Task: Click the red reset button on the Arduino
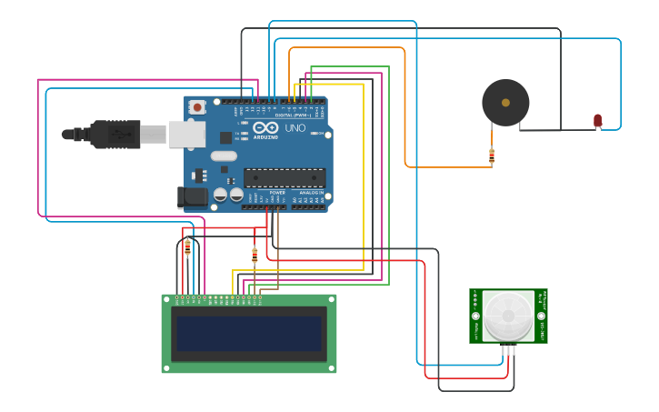(x=197, y=107)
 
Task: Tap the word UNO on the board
(x=295, y=128)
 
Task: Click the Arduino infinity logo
(x=265, y=128)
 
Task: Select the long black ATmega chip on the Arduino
(x=284, y=177)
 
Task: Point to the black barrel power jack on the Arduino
(x=192, y=196)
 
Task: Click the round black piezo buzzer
(x=505, y=103)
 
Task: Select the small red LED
(x=597, y=120)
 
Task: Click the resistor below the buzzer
(x=492, y=156)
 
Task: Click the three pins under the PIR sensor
(x=508, y=349)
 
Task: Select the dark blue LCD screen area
(x=248, y=334)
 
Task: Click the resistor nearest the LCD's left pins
(x=187, y=246)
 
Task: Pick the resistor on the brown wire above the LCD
(x=255, y=256)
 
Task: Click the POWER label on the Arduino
(x=277, y=193)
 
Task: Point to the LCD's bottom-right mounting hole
(x=331, y=367)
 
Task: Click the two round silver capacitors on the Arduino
(x=228, y=195)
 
